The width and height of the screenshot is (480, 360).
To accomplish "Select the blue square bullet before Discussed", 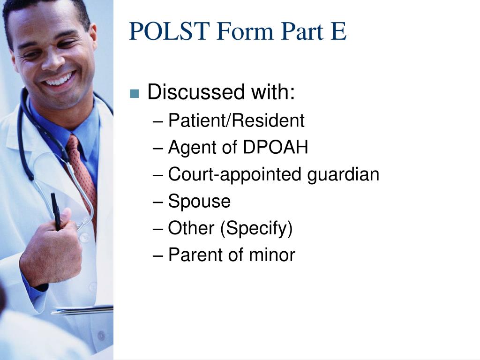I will pyautogui.click(x=135, y=93).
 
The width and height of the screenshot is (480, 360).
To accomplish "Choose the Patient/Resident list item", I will pyautogui.click(x=236, y=121).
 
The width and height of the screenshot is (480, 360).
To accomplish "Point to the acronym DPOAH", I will pyautogui.click(x=276, y=148).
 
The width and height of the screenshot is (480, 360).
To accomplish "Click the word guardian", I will pyautogui.click(x=343, y=175).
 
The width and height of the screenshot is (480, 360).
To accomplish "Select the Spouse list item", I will pyautogui.click(x=199, y=202).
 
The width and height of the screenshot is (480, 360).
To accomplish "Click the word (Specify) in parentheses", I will pyautogui.click(x=257, y=229).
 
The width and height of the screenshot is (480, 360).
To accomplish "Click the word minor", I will pyautogui.click(x=272, y=255).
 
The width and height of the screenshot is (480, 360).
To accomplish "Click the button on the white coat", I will pyautogui.click(x=84, y=238).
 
